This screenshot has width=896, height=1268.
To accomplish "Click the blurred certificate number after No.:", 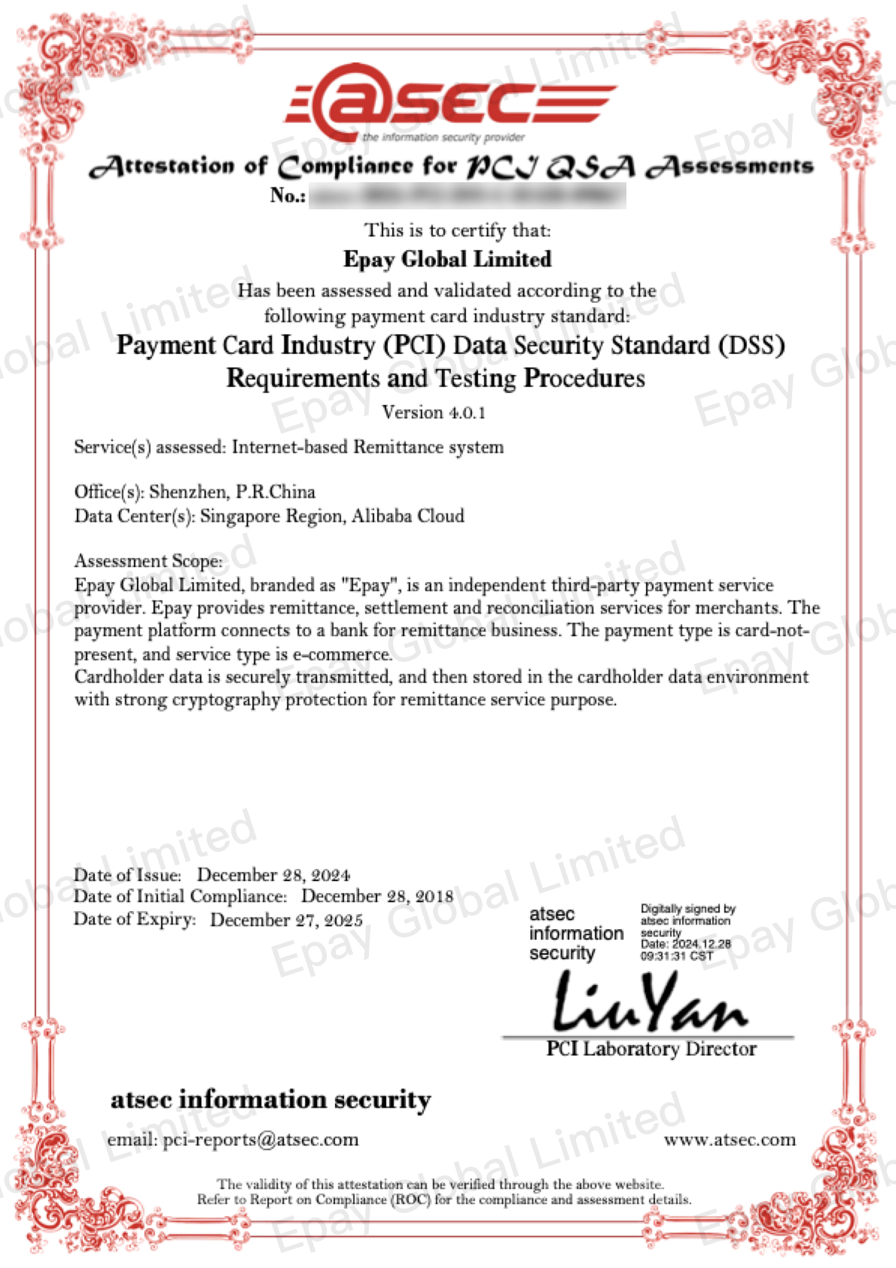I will pos(467,196).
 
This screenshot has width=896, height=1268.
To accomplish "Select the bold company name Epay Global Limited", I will pos(447,259).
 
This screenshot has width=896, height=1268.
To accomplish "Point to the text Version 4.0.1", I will pos(434,413).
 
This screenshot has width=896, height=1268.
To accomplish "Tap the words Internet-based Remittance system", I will pos(367,447).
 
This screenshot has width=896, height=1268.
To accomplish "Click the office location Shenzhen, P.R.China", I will pos(232,492).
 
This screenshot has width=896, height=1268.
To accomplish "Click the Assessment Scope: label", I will pos(148,561).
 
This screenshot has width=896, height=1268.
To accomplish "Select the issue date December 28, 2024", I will pos(273,875).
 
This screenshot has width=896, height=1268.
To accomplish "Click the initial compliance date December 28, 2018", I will pos(377,896).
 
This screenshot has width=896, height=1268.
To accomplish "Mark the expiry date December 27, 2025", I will pos(286,920).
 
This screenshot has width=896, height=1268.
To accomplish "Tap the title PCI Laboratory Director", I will pos(651,1049).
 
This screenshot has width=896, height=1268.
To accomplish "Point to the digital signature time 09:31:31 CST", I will pos(676,956).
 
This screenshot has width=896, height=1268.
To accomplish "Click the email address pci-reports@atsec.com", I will pos(261,1140).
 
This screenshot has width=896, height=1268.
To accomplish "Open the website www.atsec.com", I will pos(729,1140).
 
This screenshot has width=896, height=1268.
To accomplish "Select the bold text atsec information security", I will pos(271,1100).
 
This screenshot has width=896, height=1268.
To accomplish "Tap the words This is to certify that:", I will pos(457,230).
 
